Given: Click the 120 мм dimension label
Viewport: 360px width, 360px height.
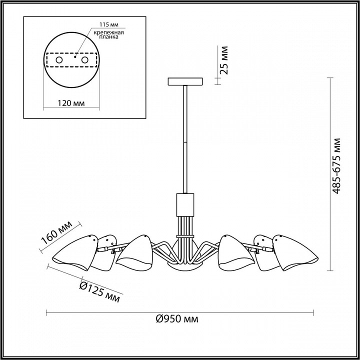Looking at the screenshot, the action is tap(71, 103).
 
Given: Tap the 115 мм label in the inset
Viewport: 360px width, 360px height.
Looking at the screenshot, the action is tap(109, 24).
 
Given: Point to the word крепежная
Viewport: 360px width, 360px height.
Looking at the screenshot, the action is tap(108, 32).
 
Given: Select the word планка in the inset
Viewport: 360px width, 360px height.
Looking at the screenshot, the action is tap(109, 36).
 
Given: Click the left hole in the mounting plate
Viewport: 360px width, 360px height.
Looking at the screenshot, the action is tap(59, 60).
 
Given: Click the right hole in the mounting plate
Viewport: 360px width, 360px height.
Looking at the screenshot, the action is tap(84, 60).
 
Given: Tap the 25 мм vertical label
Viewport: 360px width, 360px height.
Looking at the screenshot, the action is tap(224, 60).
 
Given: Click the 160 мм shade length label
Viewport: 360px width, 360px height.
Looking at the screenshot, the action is tap(56, 232).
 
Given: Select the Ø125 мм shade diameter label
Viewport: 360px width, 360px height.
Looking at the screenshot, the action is tap(99, 291).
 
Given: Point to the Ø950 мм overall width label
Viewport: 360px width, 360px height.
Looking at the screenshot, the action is tap(177, 319).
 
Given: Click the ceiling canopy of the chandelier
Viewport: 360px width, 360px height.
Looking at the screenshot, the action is tap(185, 81).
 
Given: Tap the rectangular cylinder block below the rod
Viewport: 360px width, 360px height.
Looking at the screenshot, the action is tap(185, 205).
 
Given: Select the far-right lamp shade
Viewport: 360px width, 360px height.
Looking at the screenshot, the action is tap(295, 252).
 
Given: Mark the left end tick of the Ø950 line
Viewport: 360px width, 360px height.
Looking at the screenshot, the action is tap(46, 312).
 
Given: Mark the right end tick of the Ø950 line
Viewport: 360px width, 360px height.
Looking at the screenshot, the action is tap(313, 312).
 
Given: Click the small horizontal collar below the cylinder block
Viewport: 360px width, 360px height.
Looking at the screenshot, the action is tap(185, 236).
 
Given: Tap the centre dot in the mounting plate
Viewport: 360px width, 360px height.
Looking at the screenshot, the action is tap(75, 56).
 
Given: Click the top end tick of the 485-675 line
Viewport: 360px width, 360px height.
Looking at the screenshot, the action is tap(330, 78).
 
